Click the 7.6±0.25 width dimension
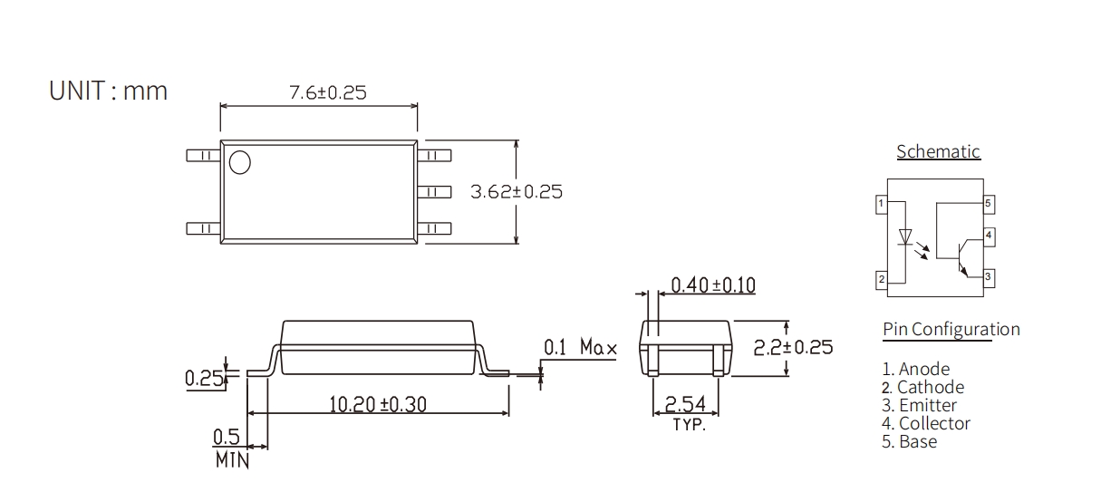coord(328,92)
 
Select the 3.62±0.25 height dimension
coord(517,191)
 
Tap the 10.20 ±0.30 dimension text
coord(378,404)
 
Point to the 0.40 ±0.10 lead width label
coord(713,285)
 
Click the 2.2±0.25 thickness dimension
coord(793,347)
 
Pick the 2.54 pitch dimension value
coord(685,404)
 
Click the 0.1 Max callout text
coord(580,347)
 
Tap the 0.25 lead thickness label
coord(204,379)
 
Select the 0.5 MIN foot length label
coord(231,448)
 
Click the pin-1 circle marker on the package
coord(240,162)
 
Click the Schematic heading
coord(938,151)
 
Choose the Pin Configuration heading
coord(951,329)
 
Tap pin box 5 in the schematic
coord(989,204)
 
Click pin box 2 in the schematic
coord(882,280)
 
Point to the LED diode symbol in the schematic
coord(904,237)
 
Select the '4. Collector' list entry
coord(926,423)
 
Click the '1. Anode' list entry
coord(916,369)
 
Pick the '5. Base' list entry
coord(909,441)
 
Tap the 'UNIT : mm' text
coord(108,91)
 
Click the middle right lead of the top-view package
coord(434,191)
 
